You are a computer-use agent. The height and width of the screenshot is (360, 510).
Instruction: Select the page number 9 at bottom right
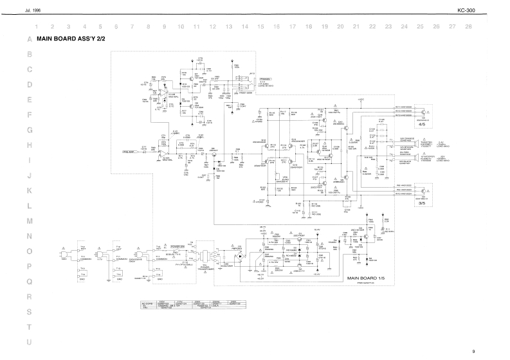pyautogui.click(x=473, y=352)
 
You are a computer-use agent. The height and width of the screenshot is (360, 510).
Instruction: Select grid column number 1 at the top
pyautogui.click(x=37, y=26)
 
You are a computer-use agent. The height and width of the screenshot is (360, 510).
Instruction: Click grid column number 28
pyautogui.click(x=468, y=26)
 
